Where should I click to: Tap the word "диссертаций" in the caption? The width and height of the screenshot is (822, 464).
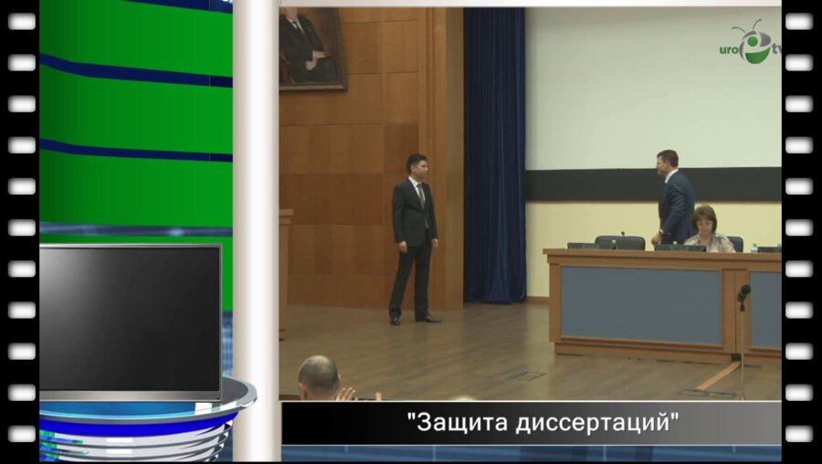point(593,423)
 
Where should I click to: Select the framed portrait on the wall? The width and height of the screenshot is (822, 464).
point(312,47)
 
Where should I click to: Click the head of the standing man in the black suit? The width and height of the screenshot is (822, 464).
point(416,166)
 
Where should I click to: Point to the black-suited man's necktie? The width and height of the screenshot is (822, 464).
point(421,195)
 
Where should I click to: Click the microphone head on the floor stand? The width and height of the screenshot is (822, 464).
point(743,292)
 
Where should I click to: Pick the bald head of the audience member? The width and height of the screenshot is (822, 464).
point(319,375)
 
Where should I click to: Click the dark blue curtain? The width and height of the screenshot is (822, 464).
point(494,155)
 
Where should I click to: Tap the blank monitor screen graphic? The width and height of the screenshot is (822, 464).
point(130,320)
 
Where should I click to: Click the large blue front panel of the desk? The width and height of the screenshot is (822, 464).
point(640,305)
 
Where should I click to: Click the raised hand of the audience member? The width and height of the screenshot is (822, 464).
point(346,394)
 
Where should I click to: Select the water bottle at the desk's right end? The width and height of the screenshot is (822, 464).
point(753,247)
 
